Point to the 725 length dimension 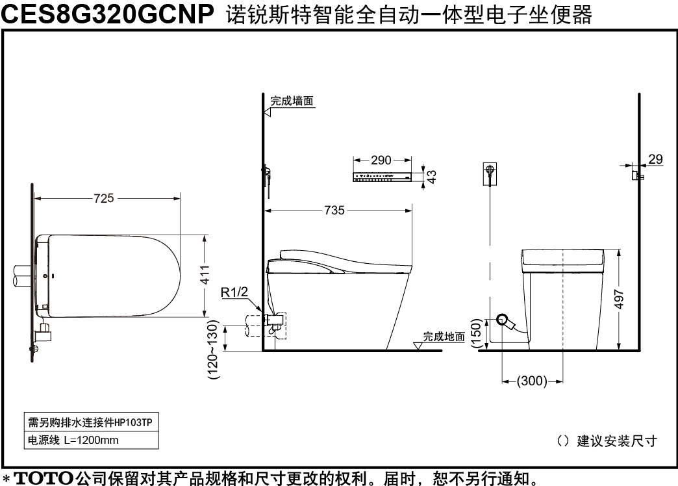click(x=104, y=198)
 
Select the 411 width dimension click(x=205, y=275)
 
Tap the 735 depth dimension click(x=334, y=211)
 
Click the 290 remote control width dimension click(x=381, y=160)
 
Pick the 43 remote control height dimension click(x=431, y=177)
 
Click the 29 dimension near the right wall click(x=655, y=159)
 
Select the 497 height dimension click(x=619, y=300)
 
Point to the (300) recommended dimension click(x=532, y=381)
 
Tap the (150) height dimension click(x=475, y=333)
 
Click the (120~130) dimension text click(x=214, y=350)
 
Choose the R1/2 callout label click(x=234, y=292)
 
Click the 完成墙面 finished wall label click(x=292, y=101)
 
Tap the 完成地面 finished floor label click(x=444, y=337)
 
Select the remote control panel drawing click(x=383, y=177)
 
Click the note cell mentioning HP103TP click(x=91, y=422)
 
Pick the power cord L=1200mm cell click(x=91, y=440)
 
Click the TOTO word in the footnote click(x=44, y=478)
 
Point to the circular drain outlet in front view click(x=503, y=320)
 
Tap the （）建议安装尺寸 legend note click(x=607, y=441)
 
